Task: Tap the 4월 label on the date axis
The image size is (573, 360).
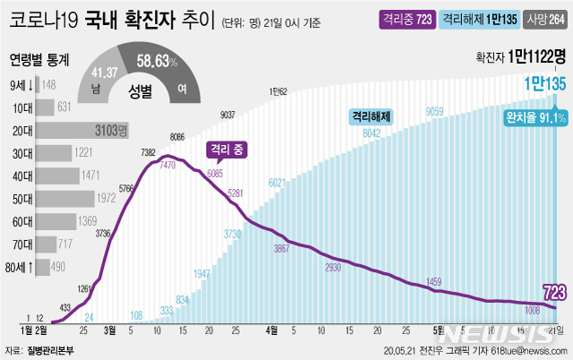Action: (272, 330)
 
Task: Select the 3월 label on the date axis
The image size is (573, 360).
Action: (109, 330)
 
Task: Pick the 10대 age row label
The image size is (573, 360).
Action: (22, 107)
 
